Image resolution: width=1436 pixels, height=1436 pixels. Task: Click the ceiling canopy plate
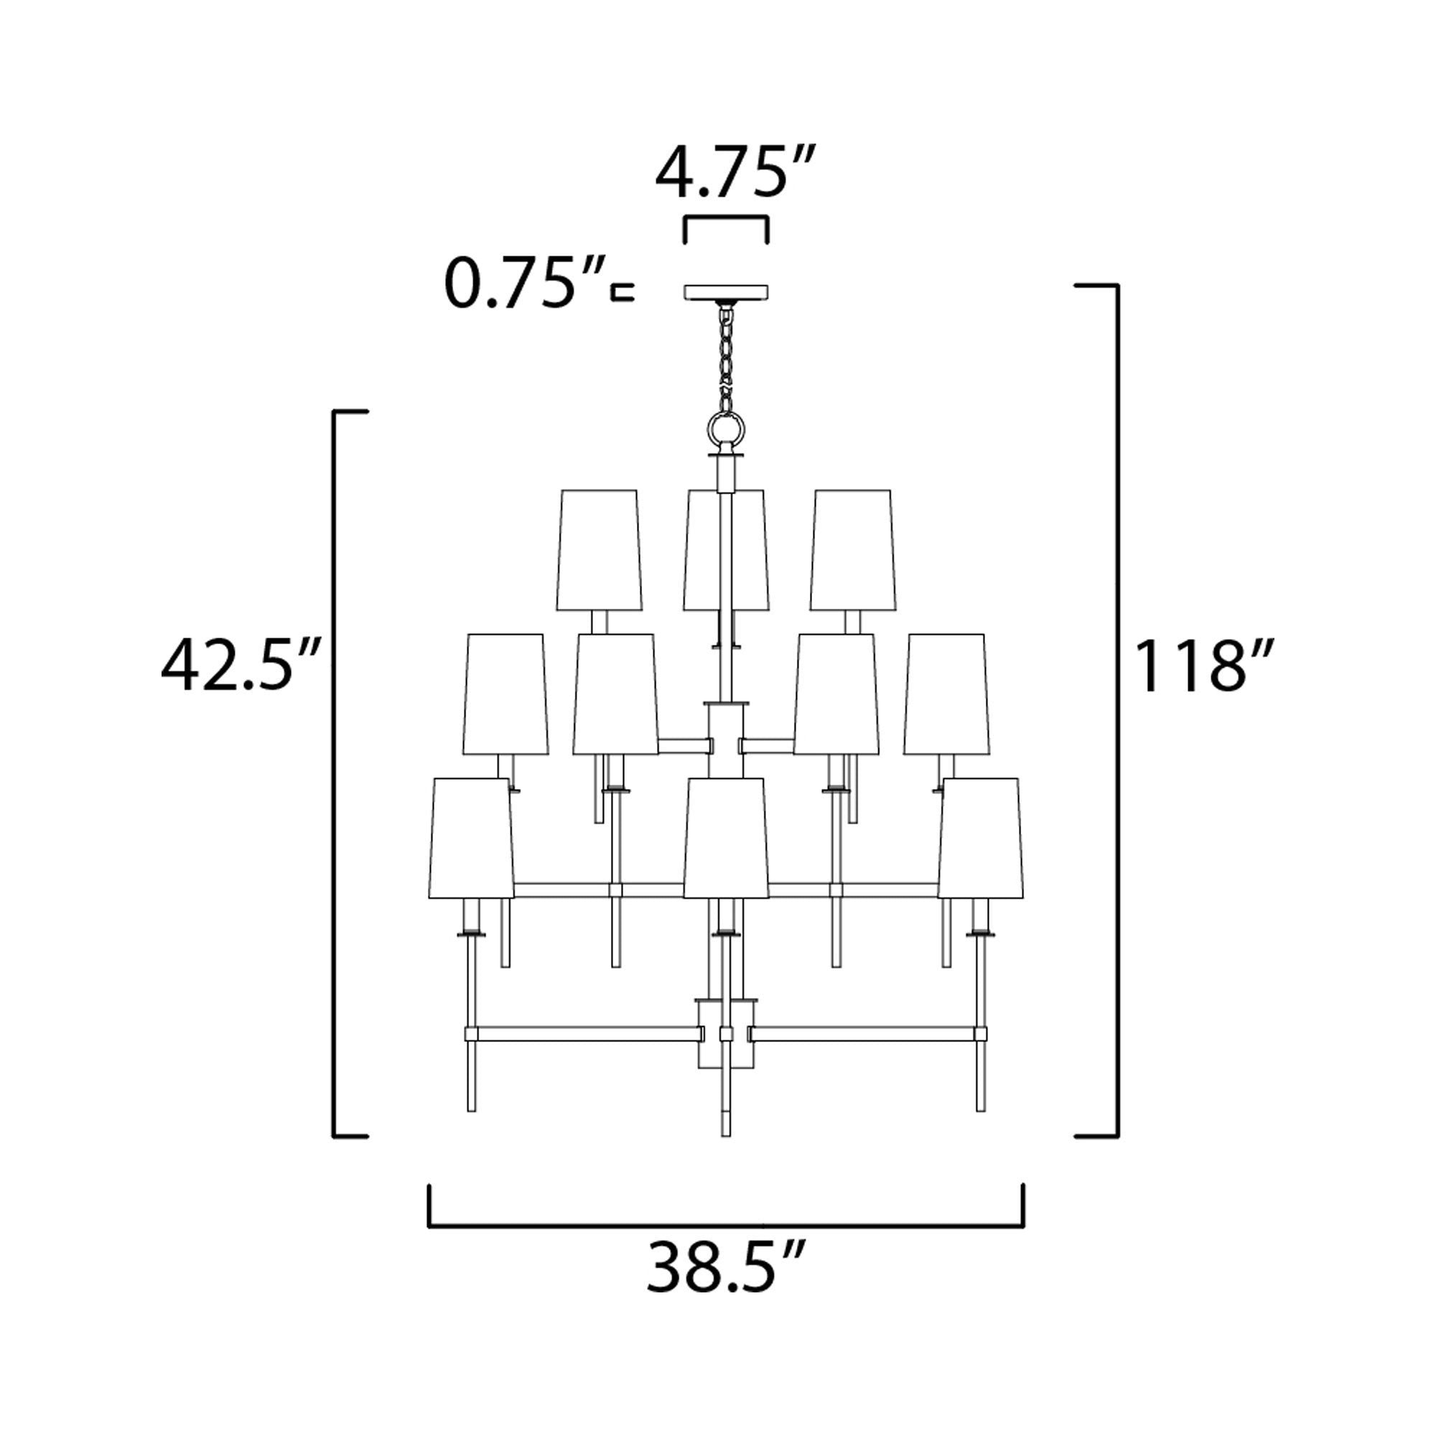pyautogui.click(x=726, y=292)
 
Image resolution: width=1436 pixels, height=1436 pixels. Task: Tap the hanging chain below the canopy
pyautogui.click(x=724, y=357)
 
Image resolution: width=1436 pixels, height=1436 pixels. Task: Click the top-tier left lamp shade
pyautogui.click(x=599, y=550)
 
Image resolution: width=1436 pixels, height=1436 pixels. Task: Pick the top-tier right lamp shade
pyautogui.click(x=852, y=550)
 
